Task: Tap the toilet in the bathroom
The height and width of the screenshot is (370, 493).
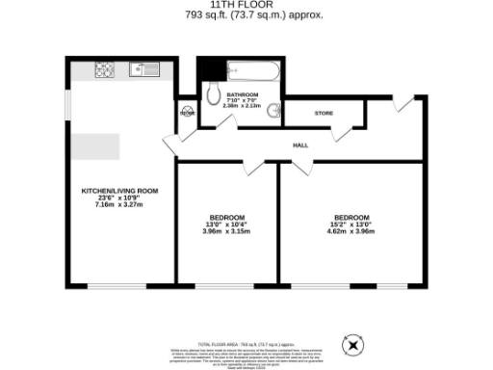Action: (x=212, y=93)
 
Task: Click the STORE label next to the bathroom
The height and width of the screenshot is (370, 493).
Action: (x=324, y=113)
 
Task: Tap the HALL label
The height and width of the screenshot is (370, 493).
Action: (x=299, y=145)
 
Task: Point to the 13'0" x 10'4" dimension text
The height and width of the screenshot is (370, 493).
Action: (x=227, y=224)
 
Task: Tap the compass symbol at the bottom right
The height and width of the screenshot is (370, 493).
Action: (x=351, y=342)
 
